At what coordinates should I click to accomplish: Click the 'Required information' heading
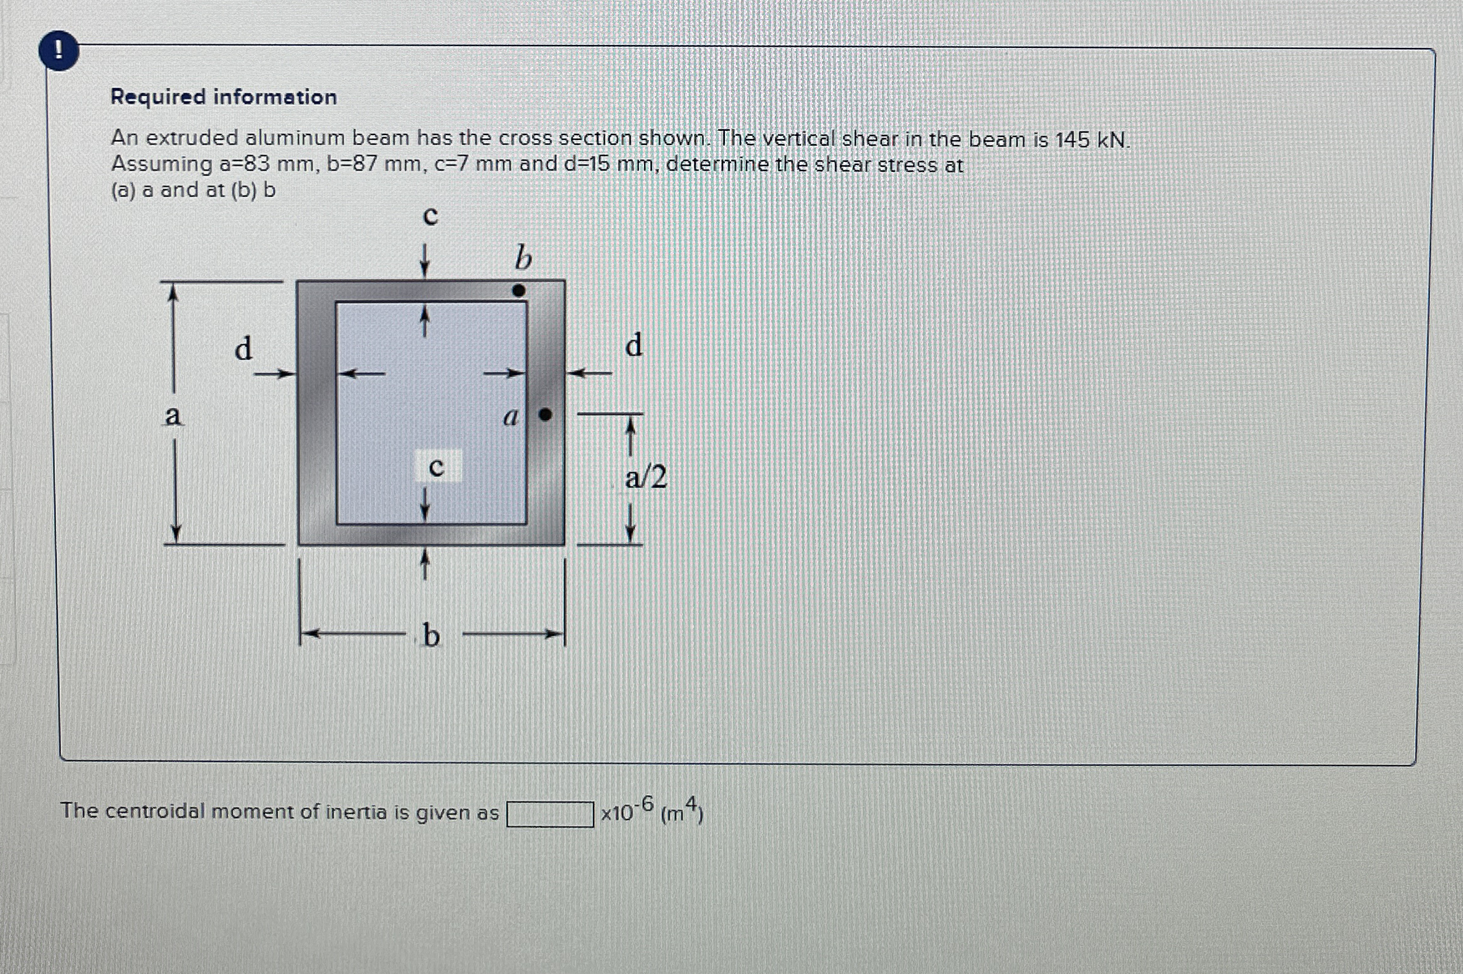tap(224, 97)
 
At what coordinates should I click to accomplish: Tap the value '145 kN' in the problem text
tap(1091, 139)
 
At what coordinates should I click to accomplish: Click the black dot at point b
tap(519, 290)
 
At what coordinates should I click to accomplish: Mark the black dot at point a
tap(545, 414)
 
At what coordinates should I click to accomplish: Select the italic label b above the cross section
tap(523, 258)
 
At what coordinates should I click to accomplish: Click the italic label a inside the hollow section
tap(511, 417)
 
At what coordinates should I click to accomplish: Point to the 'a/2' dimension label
tap(646, 478)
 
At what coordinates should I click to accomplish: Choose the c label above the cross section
tap(430, 215)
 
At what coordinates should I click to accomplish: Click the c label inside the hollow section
tap(437, 466)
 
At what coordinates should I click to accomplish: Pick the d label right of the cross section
tap(633, 344)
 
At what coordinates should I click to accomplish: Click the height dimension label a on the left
tap(173, 416)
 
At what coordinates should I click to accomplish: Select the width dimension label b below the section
tap(431, 636)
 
